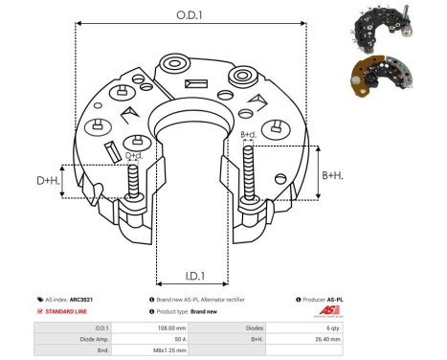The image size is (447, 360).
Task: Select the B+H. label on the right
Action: point(333,175)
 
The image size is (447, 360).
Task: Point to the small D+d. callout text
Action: point(134,154)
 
